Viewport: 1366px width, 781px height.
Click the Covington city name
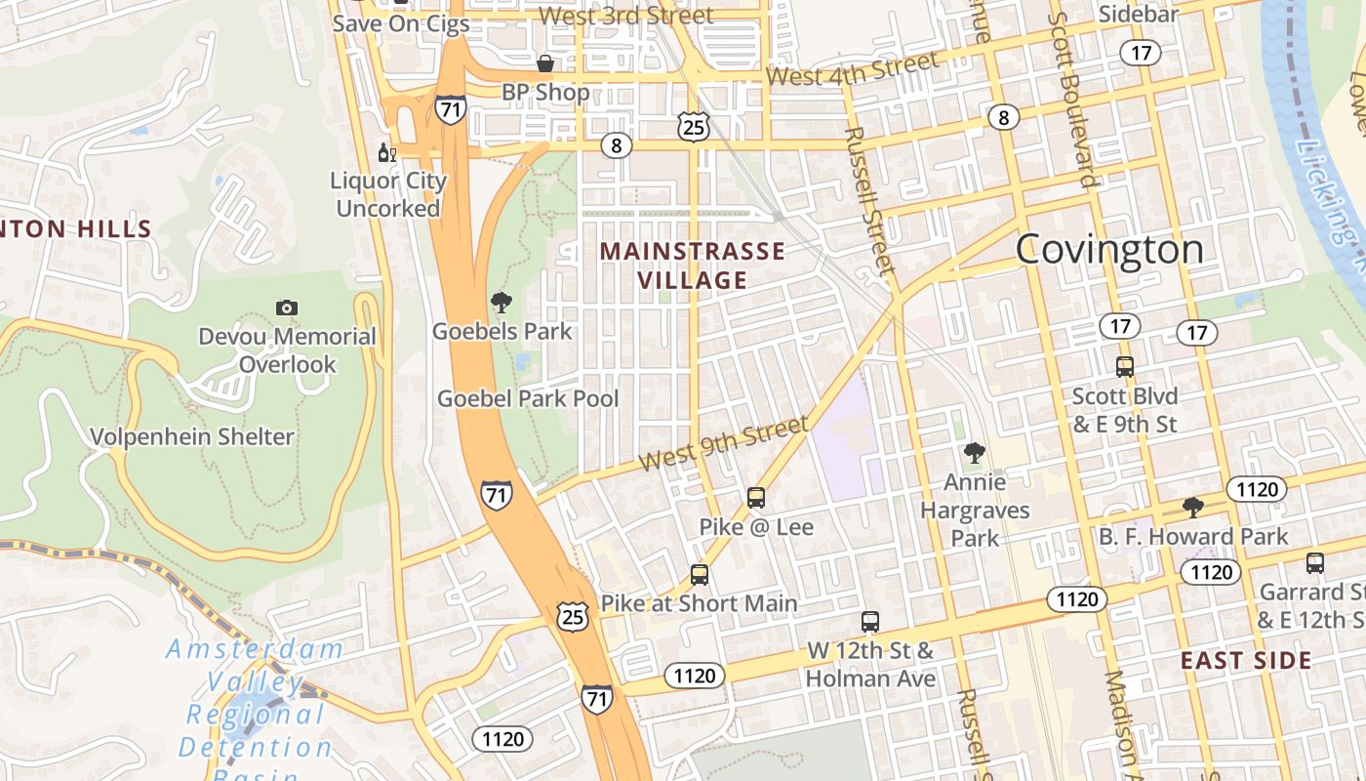[x=1109, y=250]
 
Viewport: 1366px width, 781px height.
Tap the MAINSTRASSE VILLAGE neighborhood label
[x=692, y=266]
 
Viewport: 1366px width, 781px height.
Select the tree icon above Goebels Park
[x=502, y=303]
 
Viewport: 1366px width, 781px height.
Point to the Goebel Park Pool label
[x=528, y=398]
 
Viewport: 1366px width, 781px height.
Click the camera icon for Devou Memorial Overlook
[x=286, y=308]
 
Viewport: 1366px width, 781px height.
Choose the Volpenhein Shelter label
[x=192, y=436]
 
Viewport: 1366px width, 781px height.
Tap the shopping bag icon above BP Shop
[x=545, y=63]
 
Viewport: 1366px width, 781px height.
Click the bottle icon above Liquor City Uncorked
[x=387, y=152]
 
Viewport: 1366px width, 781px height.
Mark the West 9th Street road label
[x=723, y=443]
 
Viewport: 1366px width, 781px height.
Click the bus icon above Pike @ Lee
[x=756, y=497]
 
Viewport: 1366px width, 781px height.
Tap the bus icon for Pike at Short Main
[x=699, y=574]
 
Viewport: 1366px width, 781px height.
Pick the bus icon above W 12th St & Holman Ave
[x=870, y=621]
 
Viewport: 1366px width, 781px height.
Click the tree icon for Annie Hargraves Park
[x=974, y=452]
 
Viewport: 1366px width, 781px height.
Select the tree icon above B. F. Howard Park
[x=1192, y=507]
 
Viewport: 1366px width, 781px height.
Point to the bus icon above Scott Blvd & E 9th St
[x=1125, y=367]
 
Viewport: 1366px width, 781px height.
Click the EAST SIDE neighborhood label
[x=1246, y=661]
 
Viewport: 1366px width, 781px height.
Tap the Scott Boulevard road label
[x=1073, y=98]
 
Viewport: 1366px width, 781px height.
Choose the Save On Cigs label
[x=400, y=23]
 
